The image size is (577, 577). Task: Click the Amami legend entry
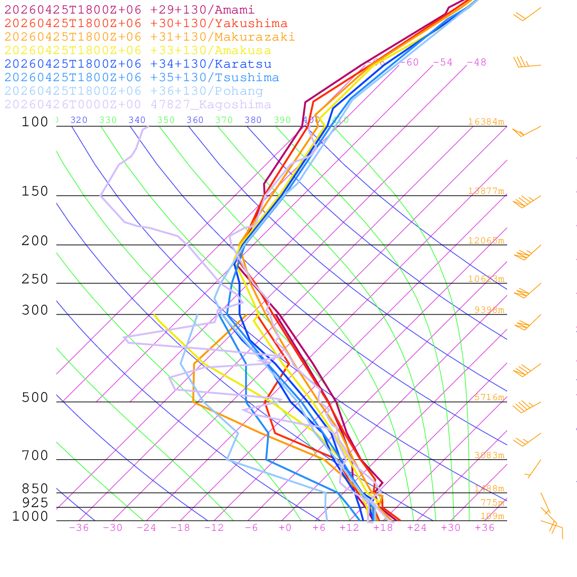click(130, 10)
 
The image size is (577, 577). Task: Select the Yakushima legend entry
click(146, 24)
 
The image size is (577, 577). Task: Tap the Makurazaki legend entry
click(150, 37)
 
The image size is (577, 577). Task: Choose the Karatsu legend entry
click(138, 64)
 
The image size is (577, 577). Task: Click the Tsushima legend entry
click(142, 78)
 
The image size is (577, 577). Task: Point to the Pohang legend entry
click(134, 91)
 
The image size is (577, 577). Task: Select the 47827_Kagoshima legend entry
click(138, 105)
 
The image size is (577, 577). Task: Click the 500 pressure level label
click(35, 398)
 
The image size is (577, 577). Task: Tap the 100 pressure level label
click(35, 122)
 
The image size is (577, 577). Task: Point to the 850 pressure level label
click(35, 489)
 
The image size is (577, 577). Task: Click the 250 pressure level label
click(35, 279)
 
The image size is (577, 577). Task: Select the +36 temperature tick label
click(485, 527)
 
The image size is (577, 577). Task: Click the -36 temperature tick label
click(79, 527)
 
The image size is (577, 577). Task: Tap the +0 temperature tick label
click(285, 527)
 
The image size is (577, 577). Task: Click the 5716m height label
click(489, 397)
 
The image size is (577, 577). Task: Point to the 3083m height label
click(489, 455)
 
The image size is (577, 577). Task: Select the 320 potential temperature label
click(79, 120)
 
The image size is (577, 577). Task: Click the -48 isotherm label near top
click(476, 62)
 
